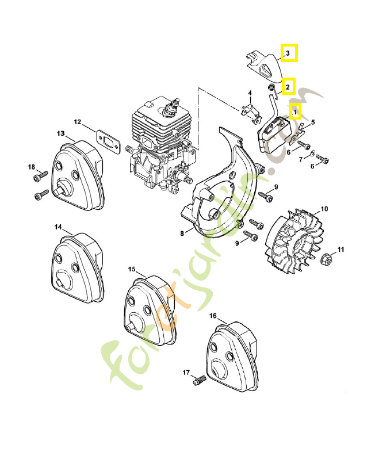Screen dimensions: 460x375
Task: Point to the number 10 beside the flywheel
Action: tap(324, 209)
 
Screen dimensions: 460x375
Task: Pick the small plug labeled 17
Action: tap(201, 380)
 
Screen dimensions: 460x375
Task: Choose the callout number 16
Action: tap(213, 316)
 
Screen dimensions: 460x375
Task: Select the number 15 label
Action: tap(132, 269)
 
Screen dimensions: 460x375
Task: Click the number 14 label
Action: tap(58, 227)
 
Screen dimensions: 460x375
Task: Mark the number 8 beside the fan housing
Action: tap(182, 233)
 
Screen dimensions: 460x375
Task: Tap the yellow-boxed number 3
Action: tap(289, 53)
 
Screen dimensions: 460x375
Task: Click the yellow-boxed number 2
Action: tap(288, 87)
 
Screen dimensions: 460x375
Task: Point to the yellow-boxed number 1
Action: tap(295, 111)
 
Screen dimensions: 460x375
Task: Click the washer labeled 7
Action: tap(312, 155)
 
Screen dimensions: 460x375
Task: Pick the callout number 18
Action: tap(32, 167)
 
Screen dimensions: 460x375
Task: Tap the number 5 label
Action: tap(313, 122)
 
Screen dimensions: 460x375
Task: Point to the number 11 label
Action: tap(341, 250)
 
